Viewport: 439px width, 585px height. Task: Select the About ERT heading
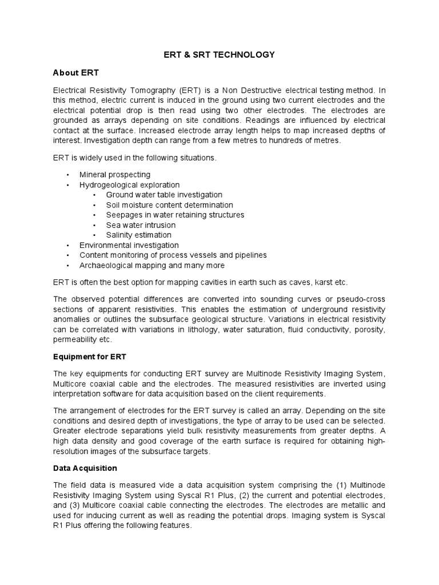point(77,73)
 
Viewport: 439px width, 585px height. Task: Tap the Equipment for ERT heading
point(89,356)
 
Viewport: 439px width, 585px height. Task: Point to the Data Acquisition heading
point(85,468)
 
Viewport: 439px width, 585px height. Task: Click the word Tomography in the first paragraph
point(154,90)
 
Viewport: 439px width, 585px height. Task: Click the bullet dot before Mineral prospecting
point(68,175)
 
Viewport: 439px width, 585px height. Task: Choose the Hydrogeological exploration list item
point(129,185)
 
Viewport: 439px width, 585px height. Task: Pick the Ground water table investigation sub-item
point(164,195)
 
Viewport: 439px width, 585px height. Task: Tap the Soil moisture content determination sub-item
point(169,205)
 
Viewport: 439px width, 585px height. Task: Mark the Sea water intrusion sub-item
point(141,225)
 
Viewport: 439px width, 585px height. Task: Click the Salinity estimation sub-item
point(138,235)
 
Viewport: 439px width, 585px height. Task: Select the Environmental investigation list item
point(129,245)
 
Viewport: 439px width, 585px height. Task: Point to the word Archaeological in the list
point(107,265)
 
